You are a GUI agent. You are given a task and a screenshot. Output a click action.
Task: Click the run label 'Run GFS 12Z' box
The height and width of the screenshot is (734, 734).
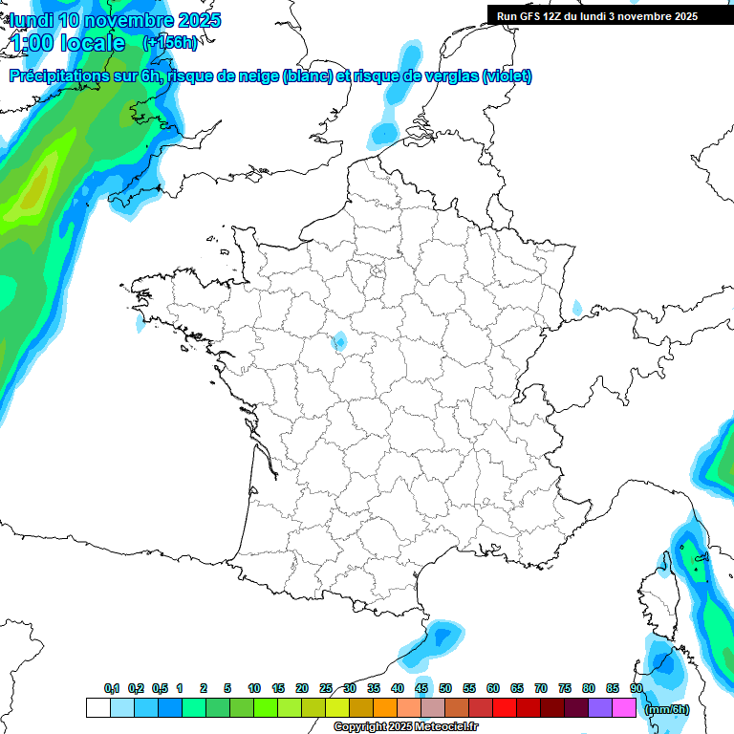pyautogui.click(x=597, y=16)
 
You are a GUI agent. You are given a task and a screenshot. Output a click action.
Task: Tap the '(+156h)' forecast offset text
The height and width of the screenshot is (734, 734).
pyautogui.click(x=169, y=42)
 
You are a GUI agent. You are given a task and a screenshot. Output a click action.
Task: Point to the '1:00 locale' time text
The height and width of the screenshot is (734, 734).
pyautogui.click(x=68, y=43)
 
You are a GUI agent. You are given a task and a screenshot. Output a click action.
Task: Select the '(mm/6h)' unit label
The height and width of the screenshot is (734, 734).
pyautogui.click(x=666, y=709)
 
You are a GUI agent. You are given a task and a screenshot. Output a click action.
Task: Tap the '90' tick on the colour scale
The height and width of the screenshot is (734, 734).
pyautogui.click(x=636, y=688)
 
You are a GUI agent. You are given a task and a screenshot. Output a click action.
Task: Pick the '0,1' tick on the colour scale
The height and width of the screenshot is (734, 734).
pyautogui.click(x=112, y=688)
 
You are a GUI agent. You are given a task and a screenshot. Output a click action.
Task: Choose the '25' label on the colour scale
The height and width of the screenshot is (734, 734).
pyautogui.click(x=326, y=688)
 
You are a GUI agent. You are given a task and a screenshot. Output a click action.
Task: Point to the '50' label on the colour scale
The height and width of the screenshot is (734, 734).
pyautogui.click(x=445, y=688)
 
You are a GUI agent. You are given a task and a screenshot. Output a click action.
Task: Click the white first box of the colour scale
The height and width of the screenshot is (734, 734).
pyautogui.click(x=97, y=708)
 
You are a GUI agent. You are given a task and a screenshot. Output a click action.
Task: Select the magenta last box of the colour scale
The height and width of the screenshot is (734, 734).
pyautogui.click(x=624, y=708)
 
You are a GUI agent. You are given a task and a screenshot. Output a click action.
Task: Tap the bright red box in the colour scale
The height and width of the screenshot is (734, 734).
pyautogui.click(x=505, y=708)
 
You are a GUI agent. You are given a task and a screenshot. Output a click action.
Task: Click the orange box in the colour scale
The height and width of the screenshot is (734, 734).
pyautogui.click(x=385, y=708)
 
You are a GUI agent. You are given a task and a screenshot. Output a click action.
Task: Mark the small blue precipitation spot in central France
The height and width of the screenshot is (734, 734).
pyautogui.click(x=339, y=341)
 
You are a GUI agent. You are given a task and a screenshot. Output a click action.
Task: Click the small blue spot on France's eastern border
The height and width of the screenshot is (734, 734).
pyautogui.click(x=576, y=309)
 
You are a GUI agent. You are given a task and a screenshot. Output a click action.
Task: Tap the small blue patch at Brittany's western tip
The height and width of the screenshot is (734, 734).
pyautogui.click(x=140, y=322)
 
